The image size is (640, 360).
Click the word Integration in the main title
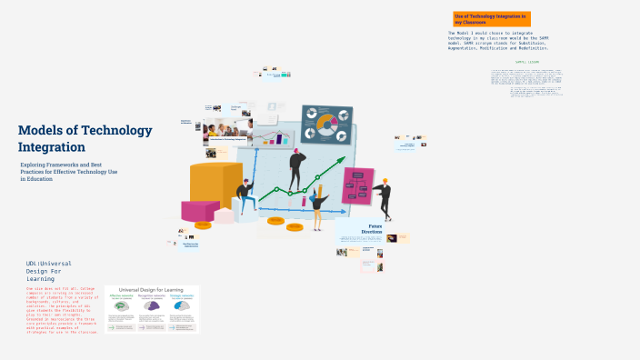point(52,146)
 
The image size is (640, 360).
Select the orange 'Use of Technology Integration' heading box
point(491,19)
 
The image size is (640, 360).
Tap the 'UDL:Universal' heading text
point(50,264)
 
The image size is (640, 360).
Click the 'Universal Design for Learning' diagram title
point(151,292)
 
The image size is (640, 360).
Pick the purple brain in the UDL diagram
point(151,307)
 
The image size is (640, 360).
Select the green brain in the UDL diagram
point(121,307)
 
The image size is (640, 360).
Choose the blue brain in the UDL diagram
point(181,307)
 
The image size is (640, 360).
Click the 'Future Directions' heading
point(375,228)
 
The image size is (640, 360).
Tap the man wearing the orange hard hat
point(385,197)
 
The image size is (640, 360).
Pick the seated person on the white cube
point(244,194)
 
